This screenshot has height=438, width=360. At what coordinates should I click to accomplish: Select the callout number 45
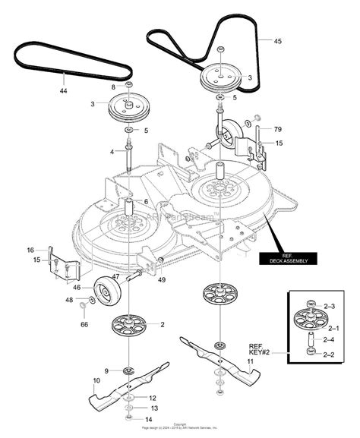point(278,42)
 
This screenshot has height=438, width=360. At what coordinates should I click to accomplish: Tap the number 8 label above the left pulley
point(115,88)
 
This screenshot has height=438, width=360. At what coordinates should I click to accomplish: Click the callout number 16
point(30,250)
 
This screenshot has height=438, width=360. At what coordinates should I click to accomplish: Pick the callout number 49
point(162,279)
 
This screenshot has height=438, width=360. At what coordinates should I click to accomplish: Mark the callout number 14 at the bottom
point(148,418)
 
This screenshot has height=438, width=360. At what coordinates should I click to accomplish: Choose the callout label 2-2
point(330,353)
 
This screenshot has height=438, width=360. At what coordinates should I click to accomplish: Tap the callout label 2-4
point(330,339)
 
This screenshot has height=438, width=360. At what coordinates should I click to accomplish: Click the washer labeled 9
point(126,370)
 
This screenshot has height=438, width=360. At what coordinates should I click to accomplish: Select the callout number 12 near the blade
point(153,398)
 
